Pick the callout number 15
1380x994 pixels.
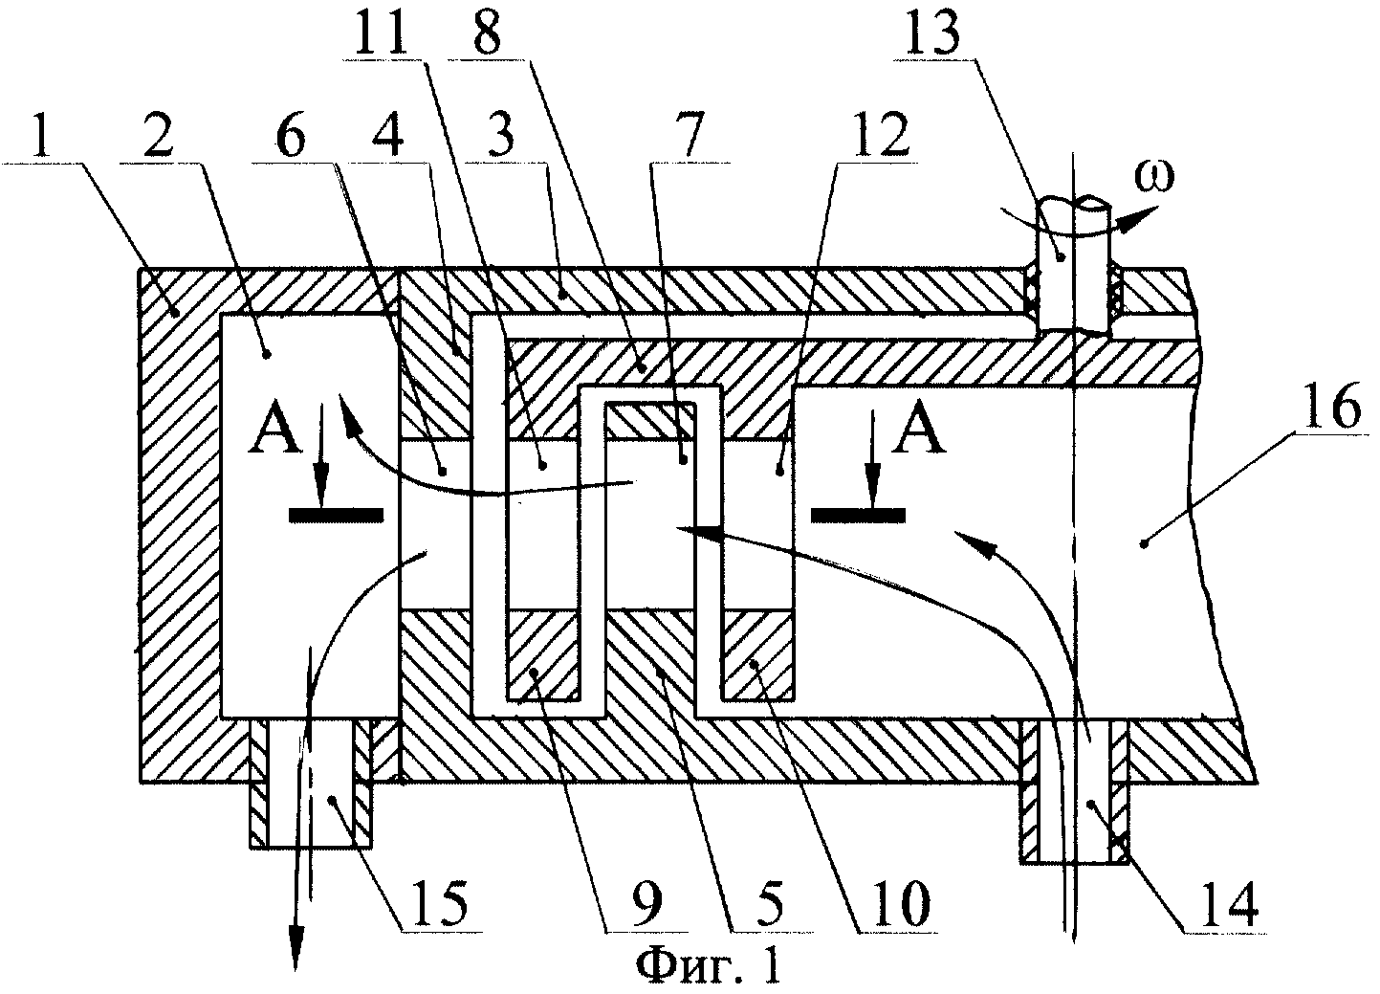(x=440, y=903)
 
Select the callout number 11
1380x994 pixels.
(x=379, y=31)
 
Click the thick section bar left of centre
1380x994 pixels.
(x=337, y=516)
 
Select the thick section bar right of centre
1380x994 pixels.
(x=858, y=516)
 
